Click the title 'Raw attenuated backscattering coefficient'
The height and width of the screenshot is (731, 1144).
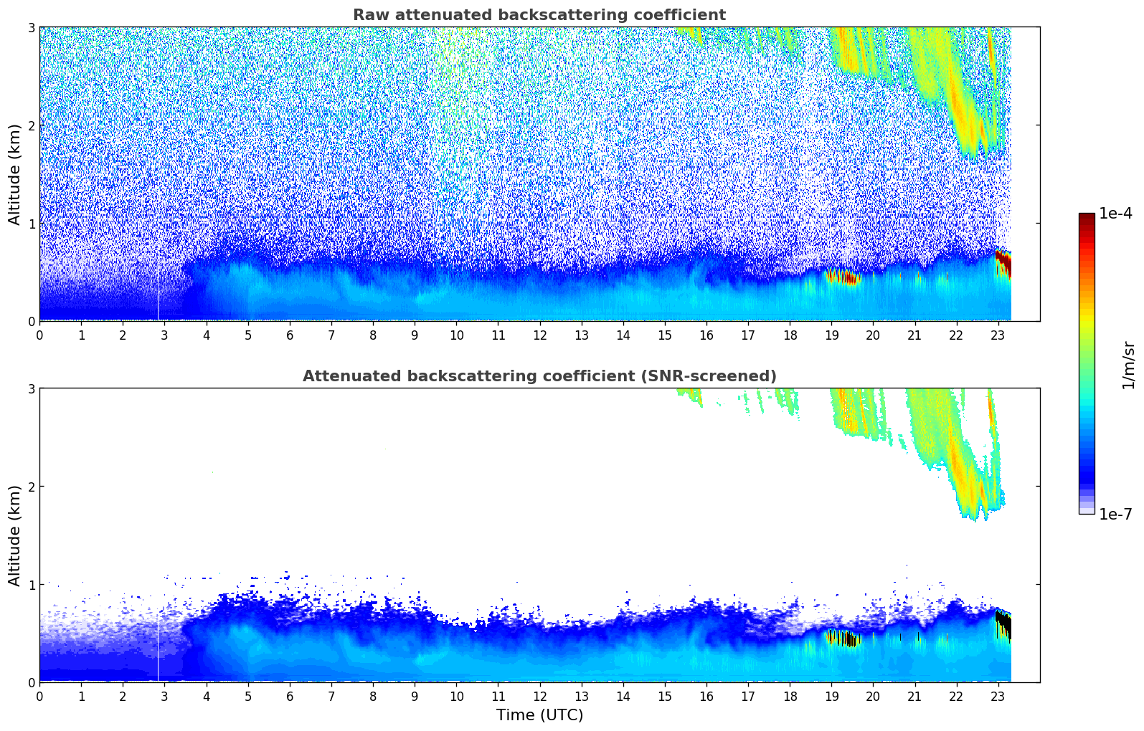pos(539,15)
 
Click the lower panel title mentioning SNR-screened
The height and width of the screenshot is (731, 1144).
pos(539,376)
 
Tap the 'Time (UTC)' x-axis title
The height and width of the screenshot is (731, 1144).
pos(539,715)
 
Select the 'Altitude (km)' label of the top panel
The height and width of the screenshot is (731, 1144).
pos(15,174)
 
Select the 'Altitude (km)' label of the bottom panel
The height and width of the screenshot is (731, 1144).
pos(15,535)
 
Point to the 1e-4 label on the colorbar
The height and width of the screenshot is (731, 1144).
pos(1115,214)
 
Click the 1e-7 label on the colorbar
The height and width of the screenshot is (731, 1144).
pos(1115,514)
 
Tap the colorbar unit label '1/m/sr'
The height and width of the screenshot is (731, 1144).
pos(1128,365)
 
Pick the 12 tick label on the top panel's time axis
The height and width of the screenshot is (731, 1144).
pos(539,335)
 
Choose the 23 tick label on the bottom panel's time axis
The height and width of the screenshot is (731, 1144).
pos(998,697)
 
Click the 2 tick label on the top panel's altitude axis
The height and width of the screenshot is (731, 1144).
pos(32,125)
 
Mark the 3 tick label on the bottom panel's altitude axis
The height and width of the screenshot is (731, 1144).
pos(32,388)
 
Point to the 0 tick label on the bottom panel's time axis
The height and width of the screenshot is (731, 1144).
pos(39,697)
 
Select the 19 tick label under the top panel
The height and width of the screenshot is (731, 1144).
pos(831,335)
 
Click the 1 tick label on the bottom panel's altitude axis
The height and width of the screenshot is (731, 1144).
pos(32,585)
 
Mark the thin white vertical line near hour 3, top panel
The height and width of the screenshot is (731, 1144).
pos(158,287)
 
